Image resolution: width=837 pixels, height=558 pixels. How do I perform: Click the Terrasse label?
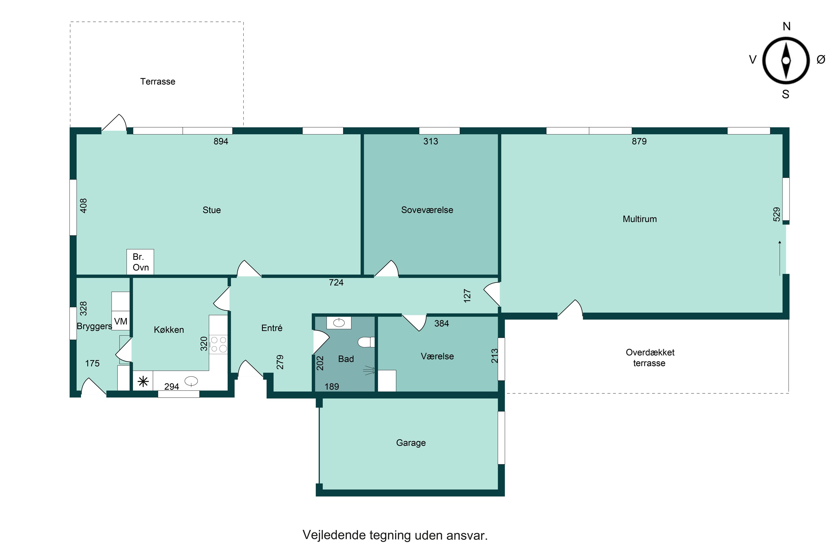158,81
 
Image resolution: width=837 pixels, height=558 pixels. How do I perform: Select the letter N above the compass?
787,26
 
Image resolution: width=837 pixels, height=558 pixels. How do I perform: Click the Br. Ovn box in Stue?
140,262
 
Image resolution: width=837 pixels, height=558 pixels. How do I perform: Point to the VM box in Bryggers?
121,321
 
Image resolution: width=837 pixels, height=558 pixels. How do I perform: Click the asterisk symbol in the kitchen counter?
143,382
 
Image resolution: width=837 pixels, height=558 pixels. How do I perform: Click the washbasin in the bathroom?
339,323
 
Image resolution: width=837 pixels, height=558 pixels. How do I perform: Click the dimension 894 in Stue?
221,141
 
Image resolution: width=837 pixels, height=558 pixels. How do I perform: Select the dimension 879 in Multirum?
639,141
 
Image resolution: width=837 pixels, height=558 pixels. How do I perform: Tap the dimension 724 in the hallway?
336,283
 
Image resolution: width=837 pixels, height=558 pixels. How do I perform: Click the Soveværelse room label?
427,210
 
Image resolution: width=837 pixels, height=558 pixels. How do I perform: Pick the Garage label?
411,443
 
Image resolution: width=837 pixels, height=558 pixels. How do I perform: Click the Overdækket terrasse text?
650,358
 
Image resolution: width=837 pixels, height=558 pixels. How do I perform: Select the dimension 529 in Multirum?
776,214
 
